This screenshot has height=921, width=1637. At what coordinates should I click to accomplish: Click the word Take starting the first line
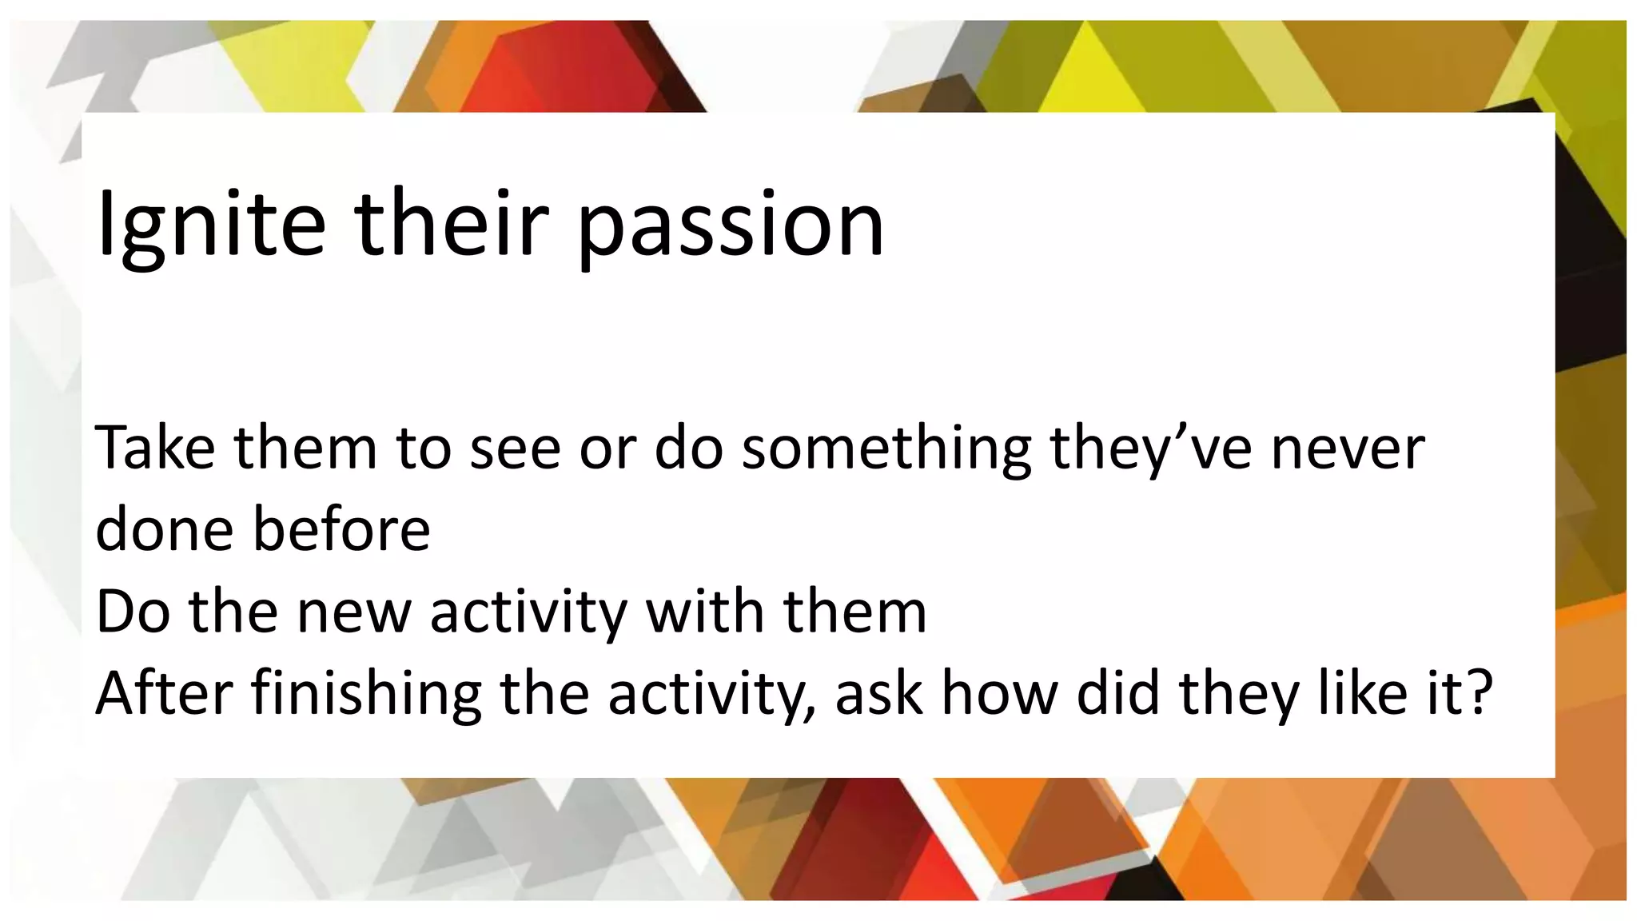155,448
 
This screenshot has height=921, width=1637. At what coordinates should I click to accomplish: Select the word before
342,529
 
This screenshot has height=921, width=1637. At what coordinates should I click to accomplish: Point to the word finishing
367,694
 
